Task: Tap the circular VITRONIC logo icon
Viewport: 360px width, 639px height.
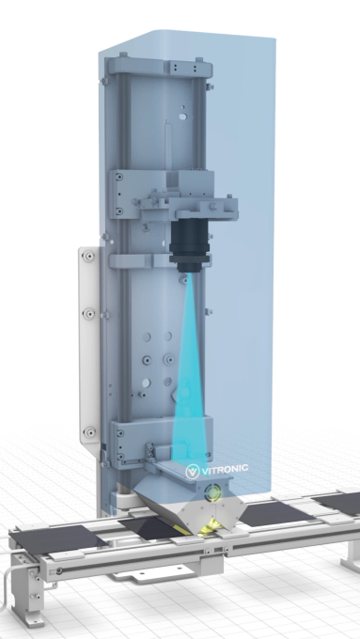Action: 195,468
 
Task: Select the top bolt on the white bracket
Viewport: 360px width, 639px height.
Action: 88,256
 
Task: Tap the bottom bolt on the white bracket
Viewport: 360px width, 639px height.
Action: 89,432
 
